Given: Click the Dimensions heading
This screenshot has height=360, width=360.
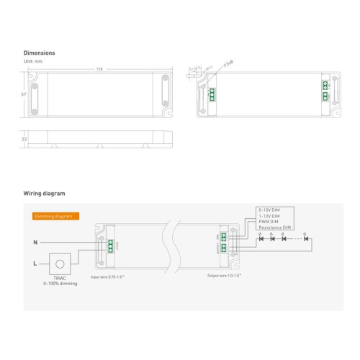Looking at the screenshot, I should click(40, 53).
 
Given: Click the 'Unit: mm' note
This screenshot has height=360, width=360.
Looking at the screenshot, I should click(33, 61).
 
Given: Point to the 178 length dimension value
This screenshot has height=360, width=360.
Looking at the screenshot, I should click(99, 70).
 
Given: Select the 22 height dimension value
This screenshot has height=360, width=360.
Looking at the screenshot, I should click(24, 139).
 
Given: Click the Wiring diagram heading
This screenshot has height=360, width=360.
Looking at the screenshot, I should click(45, 194).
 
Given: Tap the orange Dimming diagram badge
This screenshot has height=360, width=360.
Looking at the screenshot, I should click(56, 215).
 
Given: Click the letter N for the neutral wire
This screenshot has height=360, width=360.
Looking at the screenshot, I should click(35, 241).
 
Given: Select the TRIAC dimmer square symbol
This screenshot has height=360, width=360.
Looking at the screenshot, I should click(61, 265).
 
